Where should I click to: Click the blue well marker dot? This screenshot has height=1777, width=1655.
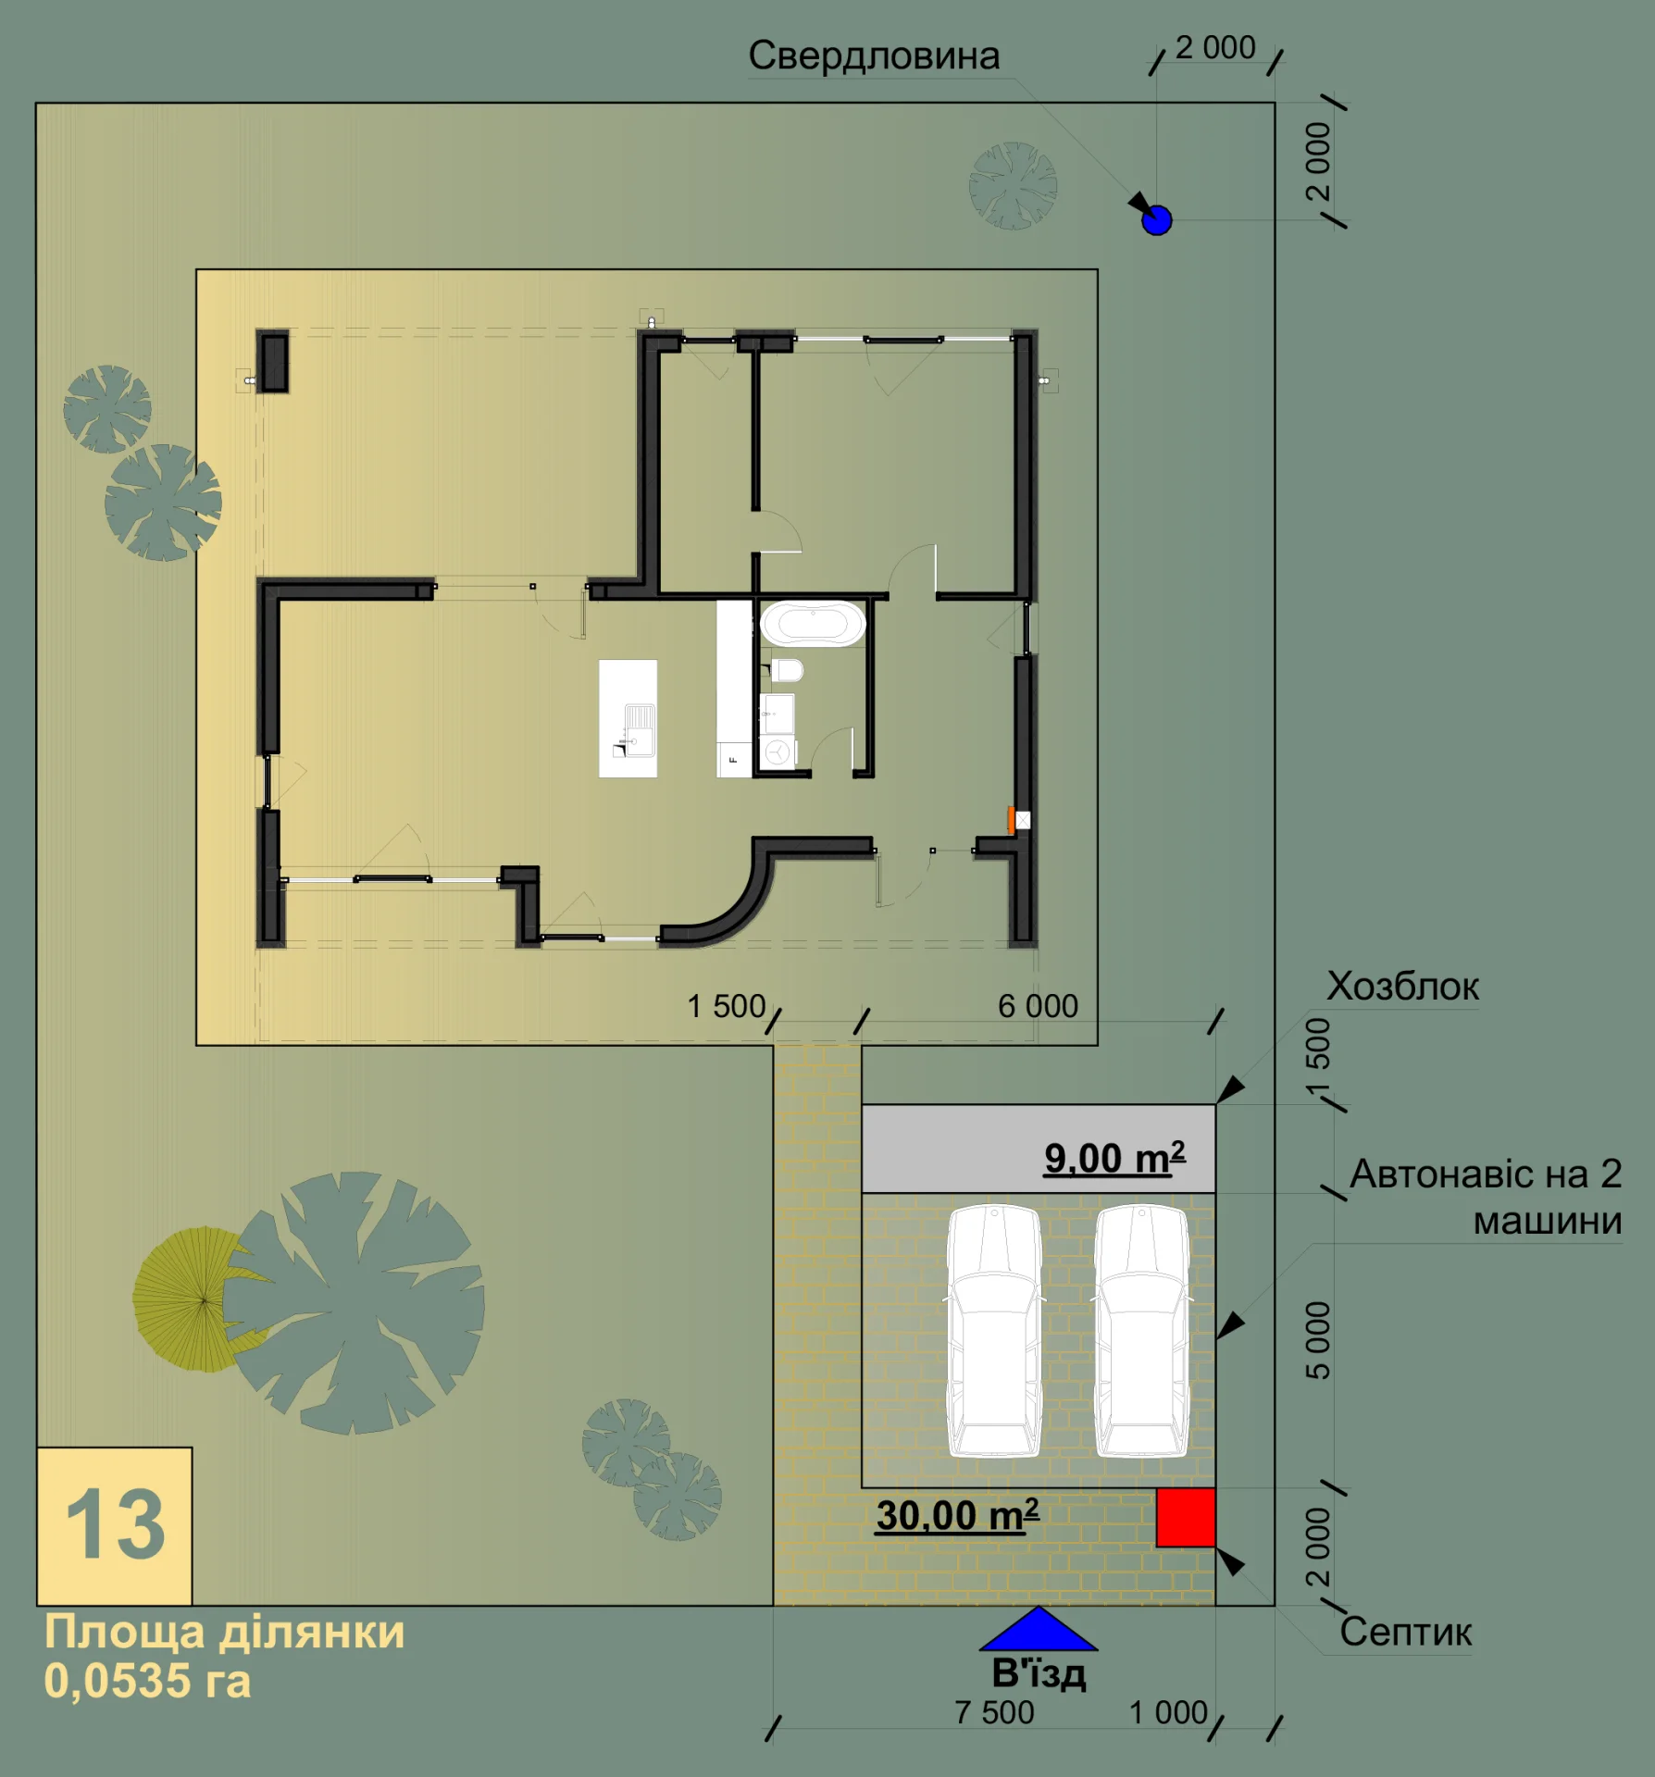coord(1157,220)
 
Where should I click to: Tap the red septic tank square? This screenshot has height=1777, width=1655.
coord(1186,1517)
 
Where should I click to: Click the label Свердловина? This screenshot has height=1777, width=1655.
coord(874,56)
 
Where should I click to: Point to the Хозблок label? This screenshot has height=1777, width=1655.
coord(1402,987)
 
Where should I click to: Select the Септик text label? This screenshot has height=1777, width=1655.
coord(1405,1632)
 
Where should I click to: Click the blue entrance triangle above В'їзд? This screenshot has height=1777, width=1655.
coord(1039,1629)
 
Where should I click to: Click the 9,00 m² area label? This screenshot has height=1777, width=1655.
coord(1114,1158)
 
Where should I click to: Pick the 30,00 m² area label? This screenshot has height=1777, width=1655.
coord(957,1515)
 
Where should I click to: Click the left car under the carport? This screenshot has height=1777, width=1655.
coord(995,1330)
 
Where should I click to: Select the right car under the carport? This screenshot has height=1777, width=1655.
coord(1142,1330)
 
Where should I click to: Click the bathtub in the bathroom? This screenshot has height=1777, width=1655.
coord(813,624)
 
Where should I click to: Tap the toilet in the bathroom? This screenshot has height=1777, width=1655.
coord(787,669)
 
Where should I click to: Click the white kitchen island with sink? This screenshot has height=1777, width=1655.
coord(628,718)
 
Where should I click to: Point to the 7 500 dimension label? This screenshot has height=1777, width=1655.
coord(994,1712)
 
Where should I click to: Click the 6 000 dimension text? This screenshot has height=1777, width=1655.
coord(1038,1006)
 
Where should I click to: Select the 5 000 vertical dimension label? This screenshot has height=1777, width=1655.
coord(1317,1340)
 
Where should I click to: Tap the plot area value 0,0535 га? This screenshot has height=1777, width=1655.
coord(147,1682)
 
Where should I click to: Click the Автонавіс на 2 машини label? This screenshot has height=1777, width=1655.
coord(1486,1198)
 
